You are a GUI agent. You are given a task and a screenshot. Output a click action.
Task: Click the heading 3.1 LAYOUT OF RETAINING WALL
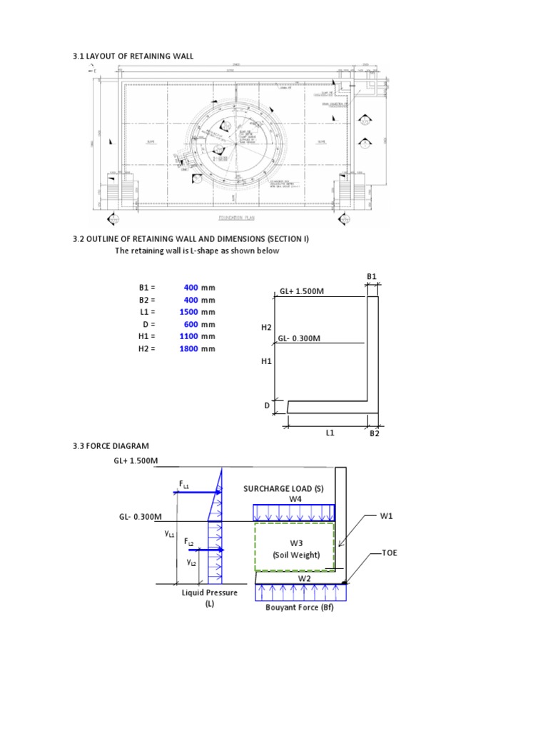click(x=133, y=56)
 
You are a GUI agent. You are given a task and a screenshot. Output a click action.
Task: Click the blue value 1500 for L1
click(x=188, y=312)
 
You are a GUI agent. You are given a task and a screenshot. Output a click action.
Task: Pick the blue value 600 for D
click(x=191, y=324)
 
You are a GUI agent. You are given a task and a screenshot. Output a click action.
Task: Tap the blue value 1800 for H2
click(x=188, y=348)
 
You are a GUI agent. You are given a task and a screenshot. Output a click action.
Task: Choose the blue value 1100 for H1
click(x=188, y=336)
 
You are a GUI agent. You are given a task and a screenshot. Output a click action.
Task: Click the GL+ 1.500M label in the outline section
click(x=302, y=292)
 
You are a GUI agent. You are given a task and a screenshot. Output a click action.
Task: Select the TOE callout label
click(x=390, y=553)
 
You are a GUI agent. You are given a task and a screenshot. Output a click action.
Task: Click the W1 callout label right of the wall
click(x=387, y=514)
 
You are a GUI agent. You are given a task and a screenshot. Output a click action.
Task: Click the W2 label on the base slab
click(x=304, y=578)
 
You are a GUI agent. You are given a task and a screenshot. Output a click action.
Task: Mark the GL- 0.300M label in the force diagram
click(x=141, y=516)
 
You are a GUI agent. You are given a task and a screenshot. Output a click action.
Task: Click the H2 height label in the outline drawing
click(x=267, y=326)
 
